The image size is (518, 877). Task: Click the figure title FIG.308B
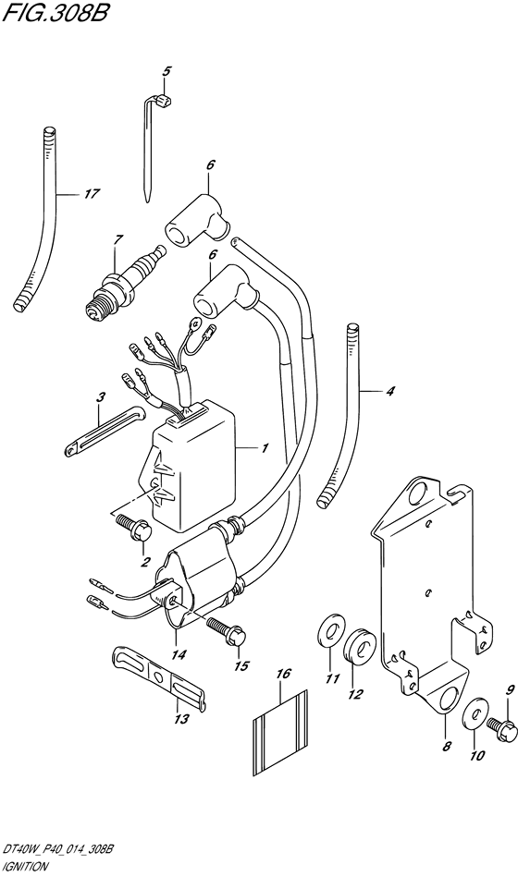54,12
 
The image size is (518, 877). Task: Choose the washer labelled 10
475,713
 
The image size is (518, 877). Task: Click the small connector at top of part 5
165,102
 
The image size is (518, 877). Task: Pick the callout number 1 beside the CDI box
264,448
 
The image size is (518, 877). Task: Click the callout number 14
180,654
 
